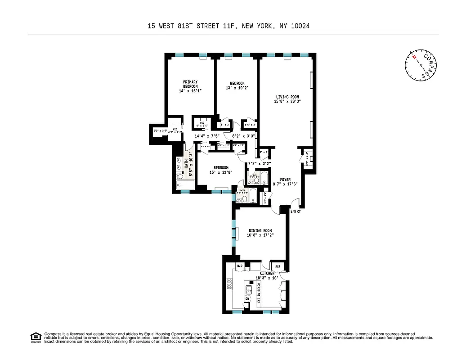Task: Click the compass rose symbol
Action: tap(420, 65)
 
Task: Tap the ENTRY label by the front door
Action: tap(296, 211)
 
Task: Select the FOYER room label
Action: tap(285, 179)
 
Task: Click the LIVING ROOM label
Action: tap(288, 97)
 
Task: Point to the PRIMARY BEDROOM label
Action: tap(190, 84)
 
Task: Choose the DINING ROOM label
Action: tap(260, 231)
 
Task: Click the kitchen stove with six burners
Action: tap(229, 284)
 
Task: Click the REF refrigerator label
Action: tap(278, 267)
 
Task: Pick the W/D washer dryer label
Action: tap(240, 267)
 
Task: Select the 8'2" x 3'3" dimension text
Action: tap(243, 135)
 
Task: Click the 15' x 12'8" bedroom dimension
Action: tap(221, 172)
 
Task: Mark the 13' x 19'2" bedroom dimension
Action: tap(237, 88)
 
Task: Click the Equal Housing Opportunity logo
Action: tap(35, 337)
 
